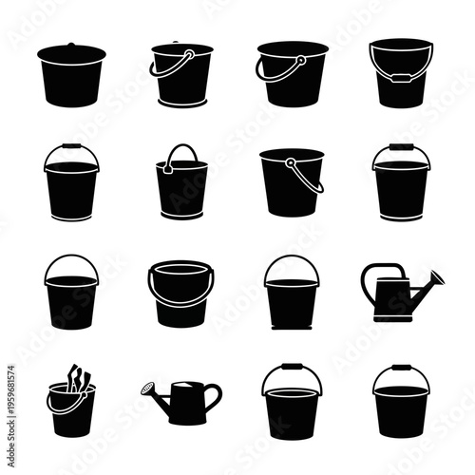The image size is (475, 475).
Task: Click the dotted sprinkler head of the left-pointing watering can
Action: (x=148, y=388)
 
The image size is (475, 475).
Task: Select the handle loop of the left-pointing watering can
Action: (x=212, y=391)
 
